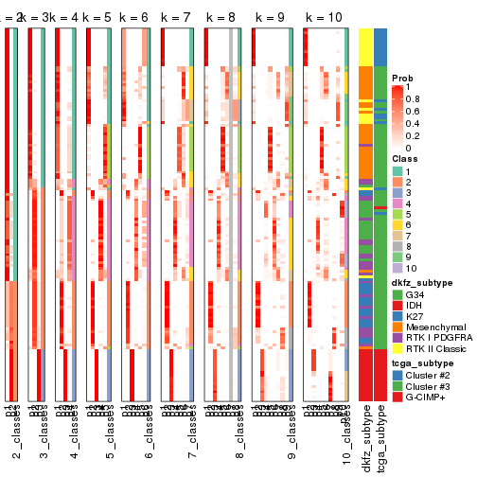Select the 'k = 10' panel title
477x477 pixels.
pyautogui.click(x=324, y=18)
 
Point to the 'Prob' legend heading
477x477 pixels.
pyautogui.click(x=403, y=77)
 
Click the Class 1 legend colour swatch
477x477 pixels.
pyautogui.click(x=397, y=170)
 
